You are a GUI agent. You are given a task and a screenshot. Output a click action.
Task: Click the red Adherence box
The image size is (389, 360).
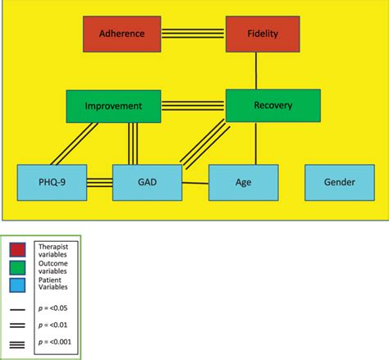point(121,34)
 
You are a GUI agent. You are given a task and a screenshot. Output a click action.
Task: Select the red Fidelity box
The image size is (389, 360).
point(263,34)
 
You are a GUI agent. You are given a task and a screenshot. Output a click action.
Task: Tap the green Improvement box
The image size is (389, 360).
point(115,106)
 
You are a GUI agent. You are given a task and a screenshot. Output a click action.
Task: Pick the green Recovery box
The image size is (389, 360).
point(272,106)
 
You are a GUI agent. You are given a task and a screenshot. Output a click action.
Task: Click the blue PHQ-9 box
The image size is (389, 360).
point(52,182)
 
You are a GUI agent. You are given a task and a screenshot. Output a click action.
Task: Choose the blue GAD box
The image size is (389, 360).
point(147,182)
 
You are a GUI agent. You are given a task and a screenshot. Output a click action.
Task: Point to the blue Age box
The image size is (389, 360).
point(243,182)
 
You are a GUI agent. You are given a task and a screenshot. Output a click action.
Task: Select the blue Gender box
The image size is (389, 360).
point(340,182)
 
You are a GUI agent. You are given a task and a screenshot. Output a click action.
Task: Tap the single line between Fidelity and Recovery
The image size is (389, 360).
point(257,71)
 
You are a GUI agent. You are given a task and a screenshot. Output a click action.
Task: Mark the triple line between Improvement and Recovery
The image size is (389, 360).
point(194,106)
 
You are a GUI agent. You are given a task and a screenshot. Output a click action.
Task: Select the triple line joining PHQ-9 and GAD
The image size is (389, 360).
point(99,182)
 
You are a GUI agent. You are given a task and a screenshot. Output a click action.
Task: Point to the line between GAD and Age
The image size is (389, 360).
point(195,182)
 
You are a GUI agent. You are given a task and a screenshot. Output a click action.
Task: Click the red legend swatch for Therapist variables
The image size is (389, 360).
point(17,249)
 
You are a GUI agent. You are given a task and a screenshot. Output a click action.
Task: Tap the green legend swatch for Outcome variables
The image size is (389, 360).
point(17,267)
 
